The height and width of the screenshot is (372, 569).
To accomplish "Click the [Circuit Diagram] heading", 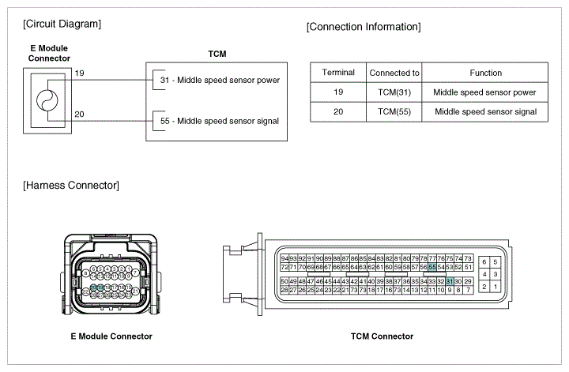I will [62, 24].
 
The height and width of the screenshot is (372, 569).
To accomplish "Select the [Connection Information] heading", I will [363, 27].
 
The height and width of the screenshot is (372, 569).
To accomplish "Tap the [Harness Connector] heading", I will [71, 186].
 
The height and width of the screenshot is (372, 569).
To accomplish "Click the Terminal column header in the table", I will [338, 73].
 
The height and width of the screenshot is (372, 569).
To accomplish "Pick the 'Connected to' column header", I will [394, 73].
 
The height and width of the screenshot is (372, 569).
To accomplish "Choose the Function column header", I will [485, 73].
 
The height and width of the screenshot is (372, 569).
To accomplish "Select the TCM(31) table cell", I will [394, 92].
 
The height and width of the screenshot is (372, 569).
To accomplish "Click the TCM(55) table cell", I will [394, 112].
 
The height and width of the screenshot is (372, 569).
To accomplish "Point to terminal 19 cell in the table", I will [338, 92].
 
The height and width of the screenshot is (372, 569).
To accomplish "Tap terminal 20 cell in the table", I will [338, 112].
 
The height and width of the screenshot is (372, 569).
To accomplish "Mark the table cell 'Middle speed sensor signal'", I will [485, 112].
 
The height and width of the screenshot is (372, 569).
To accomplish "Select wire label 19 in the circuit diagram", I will [79, 73].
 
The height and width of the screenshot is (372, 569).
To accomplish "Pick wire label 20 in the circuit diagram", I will [79, 115].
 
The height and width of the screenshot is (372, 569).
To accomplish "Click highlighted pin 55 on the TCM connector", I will [432, 268].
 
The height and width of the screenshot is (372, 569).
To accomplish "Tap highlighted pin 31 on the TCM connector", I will [450, 281].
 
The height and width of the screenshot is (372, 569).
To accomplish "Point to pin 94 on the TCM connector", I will [284, 258].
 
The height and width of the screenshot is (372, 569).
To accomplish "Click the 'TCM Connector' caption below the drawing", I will [382, 336].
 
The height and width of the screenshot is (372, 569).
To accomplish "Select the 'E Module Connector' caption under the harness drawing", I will [111, 336].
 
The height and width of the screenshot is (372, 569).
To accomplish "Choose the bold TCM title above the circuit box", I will [217, 54].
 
